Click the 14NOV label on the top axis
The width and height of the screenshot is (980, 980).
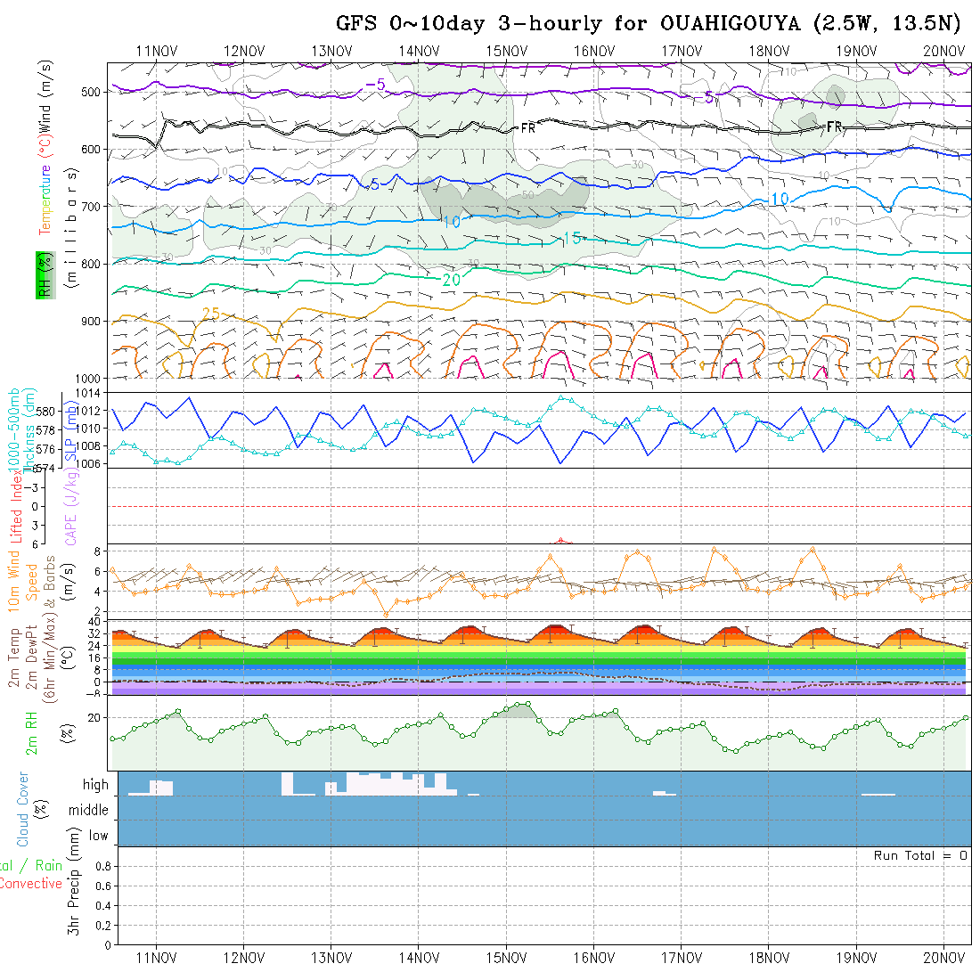tap(419, 51)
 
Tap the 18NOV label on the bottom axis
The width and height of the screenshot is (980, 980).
tap(769, 959)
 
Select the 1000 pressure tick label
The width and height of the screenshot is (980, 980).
tap(89, 378)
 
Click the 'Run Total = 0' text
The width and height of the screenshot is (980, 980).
tap(920, 855)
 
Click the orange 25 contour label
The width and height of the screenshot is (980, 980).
tap(210, 313)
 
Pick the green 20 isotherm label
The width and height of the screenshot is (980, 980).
tap(451, 279)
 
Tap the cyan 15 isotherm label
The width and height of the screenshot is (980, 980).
tap(572, 239)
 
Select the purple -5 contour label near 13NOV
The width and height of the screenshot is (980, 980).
tap(375, 85)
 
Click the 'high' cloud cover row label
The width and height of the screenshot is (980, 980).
tap(95, 785)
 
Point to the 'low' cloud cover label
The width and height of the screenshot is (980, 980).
tap(98, 836)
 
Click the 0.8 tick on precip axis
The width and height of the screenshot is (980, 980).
tap(101, 866)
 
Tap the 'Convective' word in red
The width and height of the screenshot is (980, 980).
tap(30, 884)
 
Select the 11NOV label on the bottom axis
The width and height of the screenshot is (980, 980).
tap(155, 959)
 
